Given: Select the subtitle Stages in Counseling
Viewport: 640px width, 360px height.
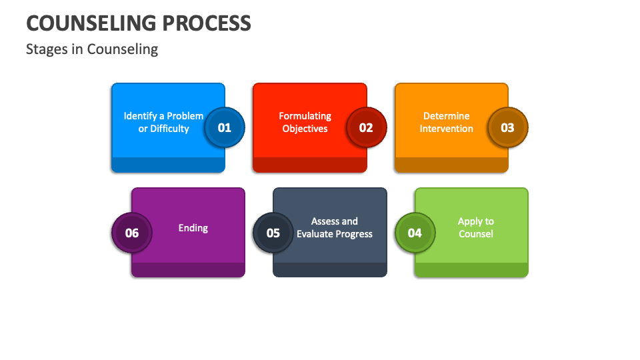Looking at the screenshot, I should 92,49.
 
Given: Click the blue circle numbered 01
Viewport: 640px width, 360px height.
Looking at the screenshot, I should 225,127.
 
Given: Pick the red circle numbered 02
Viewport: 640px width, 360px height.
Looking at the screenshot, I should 366,127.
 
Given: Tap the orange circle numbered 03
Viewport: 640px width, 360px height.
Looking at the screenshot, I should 508,127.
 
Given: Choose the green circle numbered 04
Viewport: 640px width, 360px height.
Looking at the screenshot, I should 415,233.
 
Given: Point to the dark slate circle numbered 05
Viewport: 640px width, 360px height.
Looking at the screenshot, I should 273,233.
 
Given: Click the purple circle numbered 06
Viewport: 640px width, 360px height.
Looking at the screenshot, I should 132,233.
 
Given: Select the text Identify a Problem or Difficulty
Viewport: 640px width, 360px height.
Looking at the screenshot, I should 163,122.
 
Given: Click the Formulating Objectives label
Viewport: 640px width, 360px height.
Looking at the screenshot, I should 305,122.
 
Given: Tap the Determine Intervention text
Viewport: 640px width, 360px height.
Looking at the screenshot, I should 447,122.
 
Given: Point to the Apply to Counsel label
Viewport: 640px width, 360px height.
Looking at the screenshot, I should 476,227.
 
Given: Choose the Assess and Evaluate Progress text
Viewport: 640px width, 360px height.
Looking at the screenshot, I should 335,227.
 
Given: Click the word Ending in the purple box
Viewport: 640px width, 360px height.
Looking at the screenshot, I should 193,228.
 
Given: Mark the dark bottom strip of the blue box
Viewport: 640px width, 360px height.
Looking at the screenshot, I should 168,165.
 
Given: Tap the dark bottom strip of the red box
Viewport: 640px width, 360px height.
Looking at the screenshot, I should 309,165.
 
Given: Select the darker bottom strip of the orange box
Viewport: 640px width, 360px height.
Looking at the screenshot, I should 451,165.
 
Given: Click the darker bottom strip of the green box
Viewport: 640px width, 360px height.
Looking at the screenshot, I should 471,269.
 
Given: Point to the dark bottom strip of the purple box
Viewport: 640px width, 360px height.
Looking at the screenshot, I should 188,269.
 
